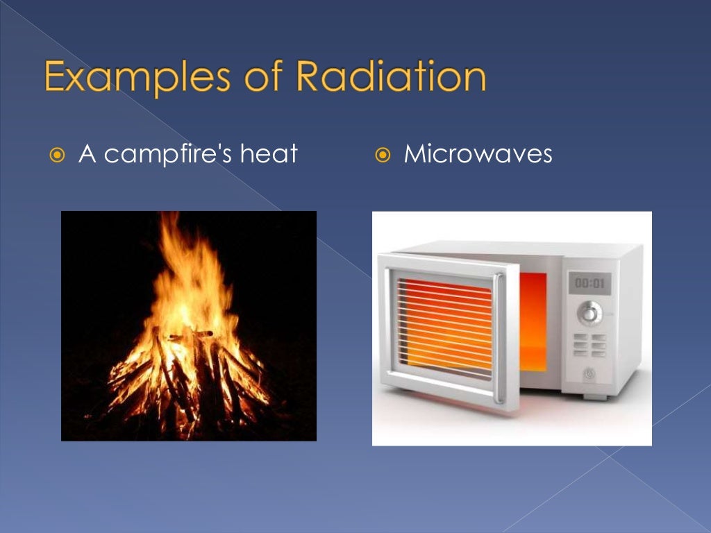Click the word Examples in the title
click(133, 78)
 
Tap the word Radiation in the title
click(389, 78)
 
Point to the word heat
click(269, 153)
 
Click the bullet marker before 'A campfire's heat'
click(58, 154)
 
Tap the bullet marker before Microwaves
click(383, 154)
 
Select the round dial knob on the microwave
click(589, 312)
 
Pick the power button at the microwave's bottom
click(589, 373)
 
